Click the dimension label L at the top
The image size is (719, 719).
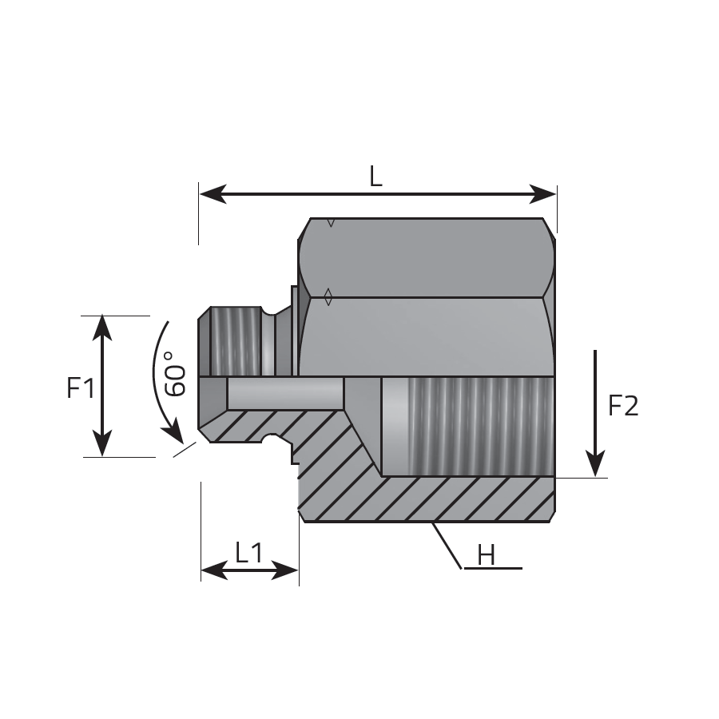(x=375, y=177)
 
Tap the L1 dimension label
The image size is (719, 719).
(x=249, y=553)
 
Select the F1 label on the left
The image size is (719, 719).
(x=81, y=388)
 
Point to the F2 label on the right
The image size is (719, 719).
(x=622, y=406)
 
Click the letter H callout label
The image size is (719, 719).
(x=486, y=555)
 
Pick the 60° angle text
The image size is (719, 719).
(x=175, y=374)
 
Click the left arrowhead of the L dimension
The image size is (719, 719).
(x=213, y=194)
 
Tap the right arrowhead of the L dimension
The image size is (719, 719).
(x=542, y=194)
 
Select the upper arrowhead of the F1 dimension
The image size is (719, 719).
(x=101, y=328)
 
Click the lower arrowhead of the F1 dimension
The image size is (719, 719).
(x=101, y=443)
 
